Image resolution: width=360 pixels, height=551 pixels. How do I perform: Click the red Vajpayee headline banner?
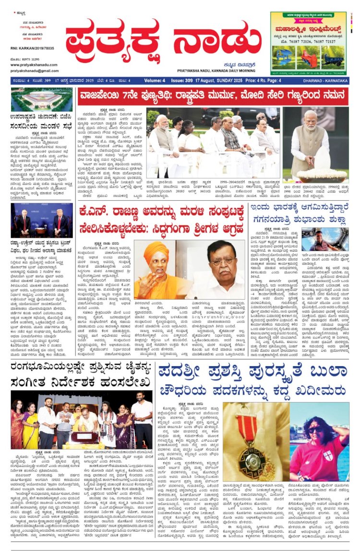pyautogui.click(x=213, y=97)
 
